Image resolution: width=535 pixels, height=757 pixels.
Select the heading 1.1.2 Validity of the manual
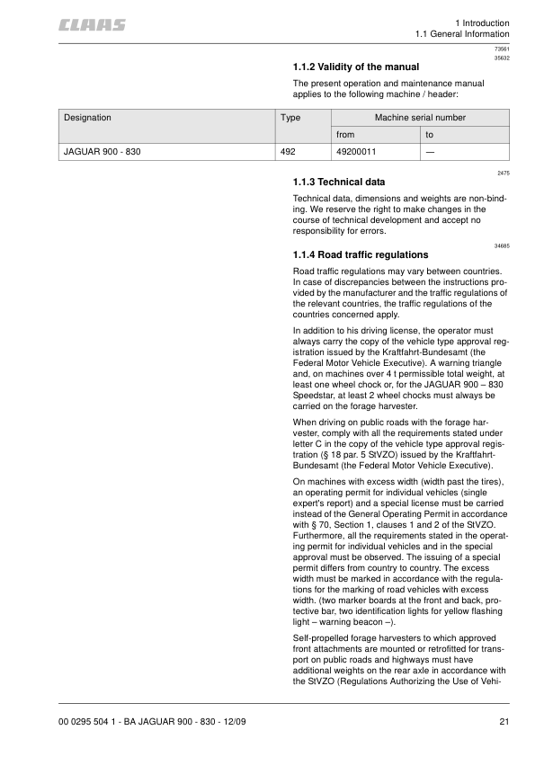coord(356,67)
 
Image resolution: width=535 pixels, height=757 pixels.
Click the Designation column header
coord(87,117)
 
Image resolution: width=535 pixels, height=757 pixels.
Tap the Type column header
coord(290,117)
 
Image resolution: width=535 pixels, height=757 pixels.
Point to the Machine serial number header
coord(420,117)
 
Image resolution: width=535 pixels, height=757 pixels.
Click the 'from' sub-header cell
coord(345,135)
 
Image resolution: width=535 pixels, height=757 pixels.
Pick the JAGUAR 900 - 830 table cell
coord(102,152)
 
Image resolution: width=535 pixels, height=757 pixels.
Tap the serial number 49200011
coord(356,152)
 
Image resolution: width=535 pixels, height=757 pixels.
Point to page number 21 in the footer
coord(504,721)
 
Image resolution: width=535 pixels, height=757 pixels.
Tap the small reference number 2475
coord(503,172)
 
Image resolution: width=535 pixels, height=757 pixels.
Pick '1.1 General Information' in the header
coord(461,35)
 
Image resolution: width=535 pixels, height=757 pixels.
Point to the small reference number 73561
coord(502,49)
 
